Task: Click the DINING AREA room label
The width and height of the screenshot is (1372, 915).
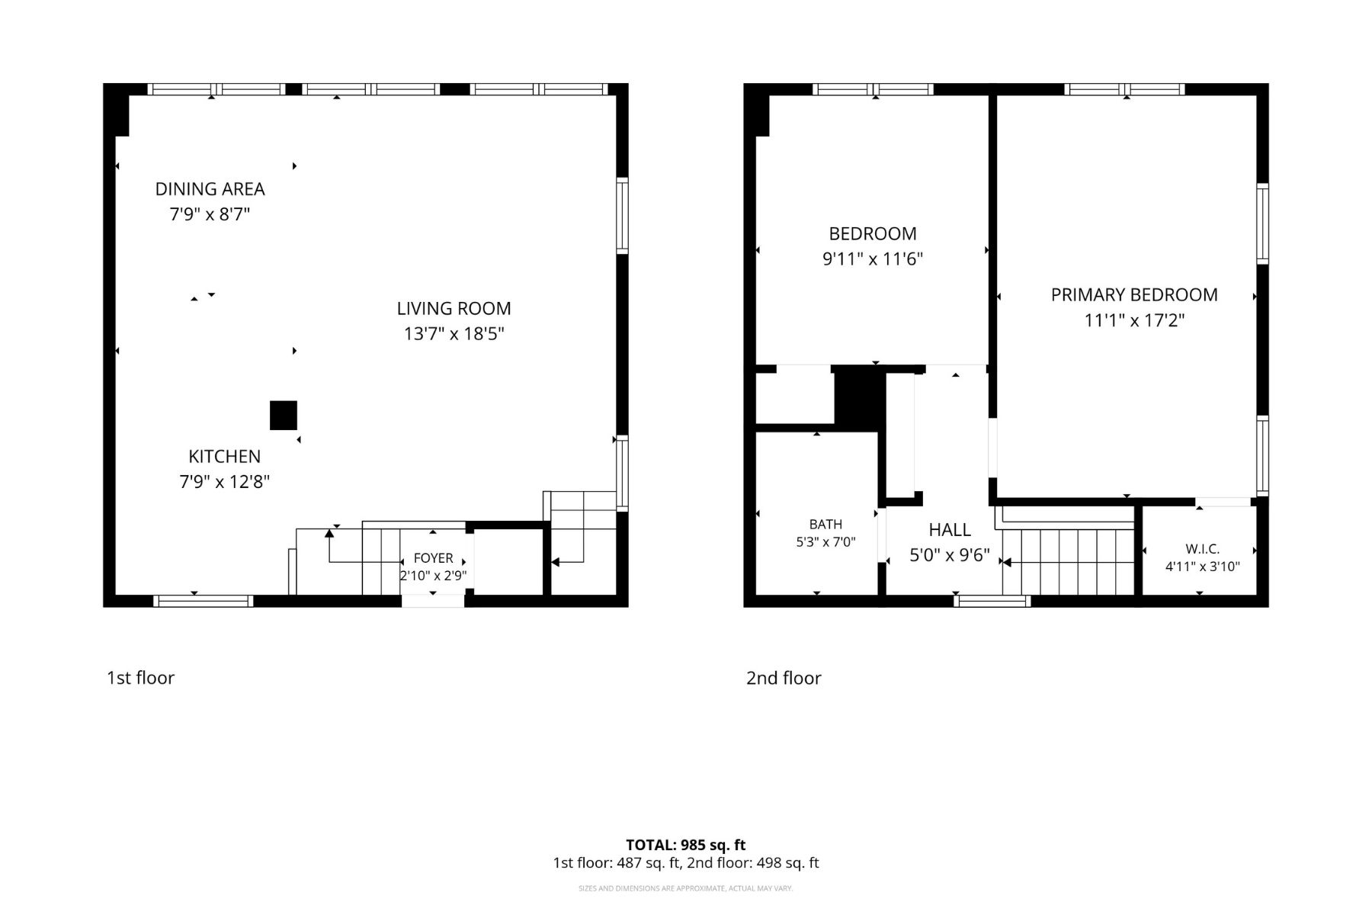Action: [x=210, y=188]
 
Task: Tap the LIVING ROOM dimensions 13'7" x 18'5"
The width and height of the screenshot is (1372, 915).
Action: [x=454, y=334]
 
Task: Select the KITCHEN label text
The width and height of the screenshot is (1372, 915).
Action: [x=225, y=456]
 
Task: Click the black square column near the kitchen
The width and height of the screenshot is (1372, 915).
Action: [x=284, y=416]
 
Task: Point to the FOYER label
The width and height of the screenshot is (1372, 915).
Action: [x=434, y=558]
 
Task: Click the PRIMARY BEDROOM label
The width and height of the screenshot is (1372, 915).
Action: [x=1134, y=295]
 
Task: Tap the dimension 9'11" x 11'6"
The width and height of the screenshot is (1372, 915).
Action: [x=873, y=259]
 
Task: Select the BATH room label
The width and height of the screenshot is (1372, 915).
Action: [x=825, y=524]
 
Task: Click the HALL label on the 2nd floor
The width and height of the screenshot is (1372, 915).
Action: [x=950, y=530]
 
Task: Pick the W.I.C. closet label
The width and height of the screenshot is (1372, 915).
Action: [x=1203, y=549]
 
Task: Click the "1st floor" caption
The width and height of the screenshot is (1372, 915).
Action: [x=140, y=678]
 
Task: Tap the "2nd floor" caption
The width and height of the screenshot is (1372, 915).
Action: [x=784, y=678]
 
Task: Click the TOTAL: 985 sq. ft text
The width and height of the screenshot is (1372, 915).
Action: [x=686, y=845]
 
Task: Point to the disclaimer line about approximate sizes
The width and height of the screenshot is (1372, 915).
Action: [x=686, y=888]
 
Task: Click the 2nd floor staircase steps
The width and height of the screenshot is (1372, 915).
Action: [x=1069, y=562]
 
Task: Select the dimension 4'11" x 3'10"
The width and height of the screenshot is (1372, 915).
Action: [x=1203, y=567]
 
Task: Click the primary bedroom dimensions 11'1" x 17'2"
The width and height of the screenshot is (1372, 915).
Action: [x=1134, y=320]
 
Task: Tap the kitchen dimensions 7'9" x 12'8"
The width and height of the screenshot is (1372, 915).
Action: [x=225, y=482]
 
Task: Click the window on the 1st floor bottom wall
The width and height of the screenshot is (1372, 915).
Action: [x=204, y=601]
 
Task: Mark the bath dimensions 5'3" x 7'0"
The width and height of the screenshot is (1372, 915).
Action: [x=825, y=542]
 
